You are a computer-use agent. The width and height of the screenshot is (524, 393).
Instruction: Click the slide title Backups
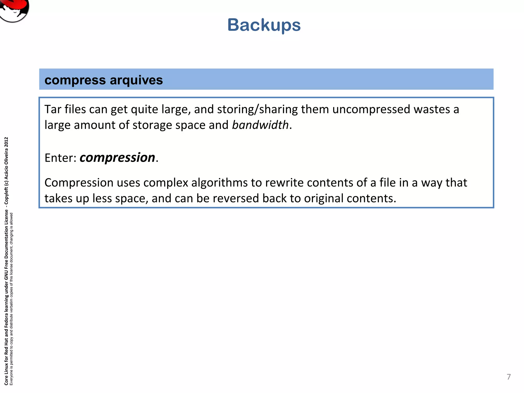(x=264, y=25)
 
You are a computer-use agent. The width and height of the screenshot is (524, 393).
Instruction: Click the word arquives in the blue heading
(x=136, y=80)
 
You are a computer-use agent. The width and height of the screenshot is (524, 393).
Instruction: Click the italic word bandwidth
(x=260, y=125)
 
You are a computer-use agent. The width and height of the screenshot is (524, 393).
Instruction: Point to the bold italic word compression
(x=117, y=158)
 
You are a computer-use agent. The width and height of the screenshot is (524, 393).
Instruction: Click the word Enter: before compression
(x=60, y=158)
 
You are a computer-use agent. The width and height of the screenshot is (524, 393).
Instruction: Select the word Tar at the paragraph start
(x=53, y=109)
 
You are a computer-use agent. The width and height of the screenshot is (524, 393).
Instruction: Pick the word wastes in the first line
(x=432, y=110)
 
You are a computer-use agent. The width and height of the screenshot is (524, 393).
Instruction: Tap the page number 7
(x=509, y=377)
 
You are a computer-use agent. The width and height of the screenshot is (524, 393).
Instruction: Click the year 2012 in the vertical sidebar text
(x=6, y=142)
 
